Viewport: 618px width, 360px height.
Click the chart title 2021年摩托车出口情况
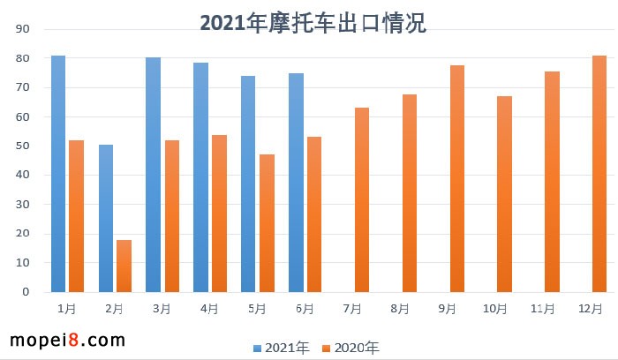coord(313,23)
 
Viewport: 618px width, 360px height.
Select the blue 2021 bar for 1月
coord(58,174)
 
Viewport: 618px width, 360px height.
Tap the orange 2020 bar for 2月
coord(124,266)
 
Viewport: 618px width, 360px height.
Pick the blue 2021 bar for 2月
coord(106,218)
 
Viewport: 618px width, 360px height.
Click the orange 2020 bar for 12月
coord(599,174)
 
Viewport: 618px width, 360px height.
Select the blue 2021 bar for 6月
coord(296,183)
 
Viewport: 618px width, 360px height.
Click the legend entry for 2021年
coord(282,348)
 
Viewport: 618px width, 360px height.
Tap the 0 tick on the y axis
coord(26,292)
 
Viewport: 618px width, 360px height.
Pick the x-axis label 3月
coord(162,309)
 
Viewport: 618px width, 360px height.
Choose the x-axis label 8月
coord(400,309)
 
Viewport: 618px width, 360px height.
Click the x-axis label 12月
coord(591,309)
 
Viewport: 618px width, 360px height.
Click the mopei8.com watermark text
coord(67,340)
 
